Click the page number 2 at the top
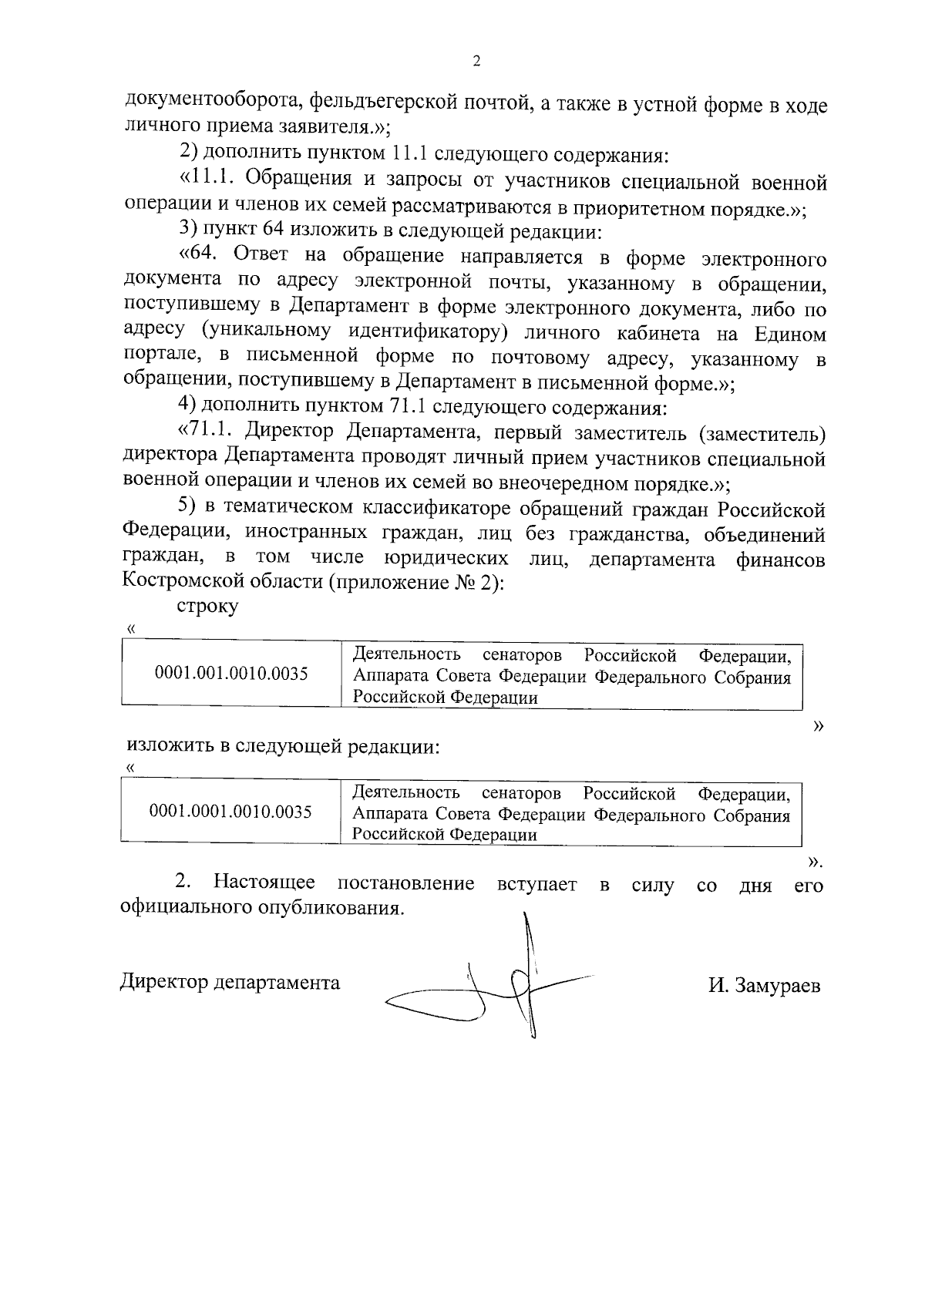[x=476, y=62]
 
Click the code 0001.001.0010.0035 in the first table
[x=231, y=674]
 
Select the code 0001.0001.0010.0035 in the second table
[x=230, y=811]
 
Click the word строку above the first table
[x=207, y=606]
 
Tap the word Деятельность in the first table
[x=406, y=655]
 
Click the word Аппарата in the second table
[x=387, y=815]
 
